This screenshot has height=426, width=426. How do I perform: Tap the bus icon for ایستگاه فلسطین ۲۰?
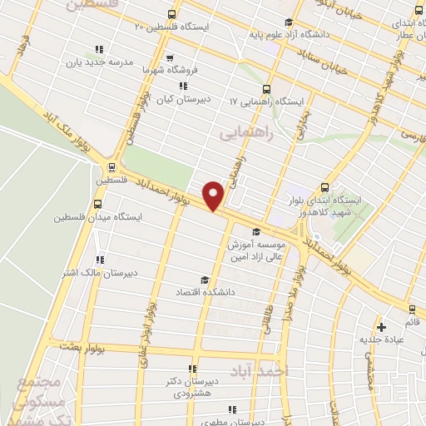(x=171, y=14)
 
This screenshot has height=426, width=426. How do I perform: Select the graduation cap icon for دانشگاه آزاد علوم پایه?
(x=288, y=22)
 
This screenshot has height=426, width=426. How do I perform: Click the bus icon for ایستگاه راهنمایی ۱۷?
(x=266, y=88)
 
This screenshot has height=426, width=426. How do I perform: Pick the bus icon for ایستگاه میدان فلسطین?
(x=98, y=204)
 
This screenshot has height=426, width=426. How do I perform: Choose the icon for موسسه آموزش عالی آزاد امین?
(x=256, y=232)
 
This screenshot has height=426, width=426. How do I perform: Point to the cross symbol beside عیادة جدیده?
(x=382, y=326)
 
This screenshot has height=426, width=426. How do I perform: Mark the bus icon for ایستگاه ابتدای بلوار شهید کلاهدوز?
(x=324, y=186)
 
